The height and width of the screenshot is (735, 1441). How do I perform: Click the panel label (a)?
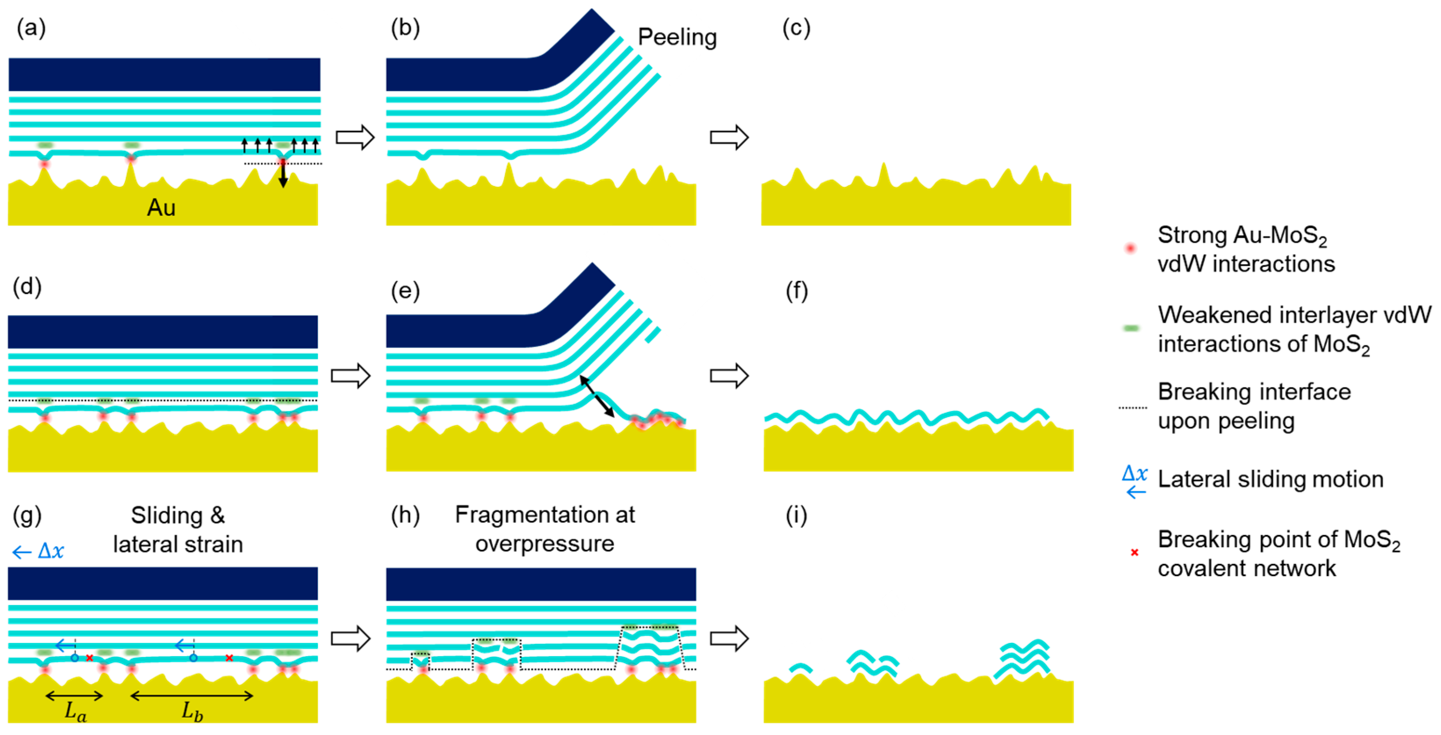coord(31,28)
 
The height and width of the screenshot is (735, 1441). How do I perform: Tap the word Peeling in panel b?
coord(677,37)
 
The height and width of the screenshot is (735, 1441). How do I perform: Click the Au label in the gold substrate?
coord(161,208)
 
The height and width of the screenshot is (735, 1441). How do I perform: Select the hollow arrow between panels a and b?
coord(355,137)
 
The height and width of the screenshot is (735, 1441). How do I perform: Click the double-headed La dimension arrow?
coord(74,696)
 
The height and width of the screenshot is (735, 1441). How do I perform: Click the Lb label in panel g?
coord(192,711)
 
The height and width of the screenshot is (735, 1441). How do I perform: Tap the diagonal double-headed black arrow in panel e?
coord(597,397)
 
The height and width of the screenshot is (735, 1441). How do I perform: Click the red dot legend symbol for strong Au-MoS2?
coord(1131,248)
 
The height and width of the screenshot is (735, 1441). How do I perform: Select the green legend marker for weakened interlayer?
coord(1131,328)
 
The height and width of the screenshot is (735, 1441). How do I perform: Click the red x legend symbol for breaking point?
coord(1135,552)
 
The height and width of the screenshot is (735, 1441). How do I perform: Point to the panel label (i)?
coord(796,515)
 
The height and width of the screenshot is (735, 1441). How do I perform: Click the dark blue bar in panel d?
coord(163,332)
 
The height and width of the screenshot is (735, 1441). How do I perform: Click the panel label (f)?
coord(797,291)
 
